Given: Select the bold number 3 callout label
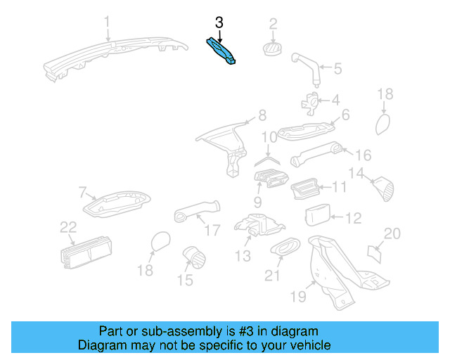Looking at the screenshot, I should coord(219,22).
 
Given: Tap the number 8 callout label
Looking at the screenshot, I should coord(262,115).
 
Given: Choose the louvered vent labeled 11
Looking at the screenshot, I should coord(307,188).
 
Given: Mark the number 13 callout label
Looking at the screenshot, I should coord(243,256).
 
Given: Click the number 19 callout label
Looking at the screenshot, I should coord(299,297).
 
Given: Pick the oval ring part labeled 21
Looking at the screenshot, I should coord(285,247).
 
